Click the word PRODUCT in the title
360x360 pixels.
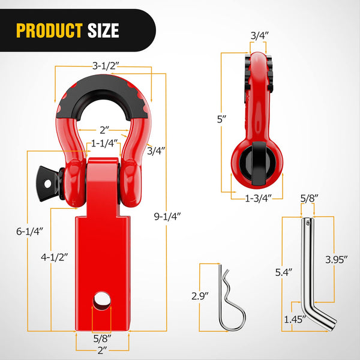coord(49,30)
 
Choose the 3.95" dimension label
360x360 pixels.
coord(334,259)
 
